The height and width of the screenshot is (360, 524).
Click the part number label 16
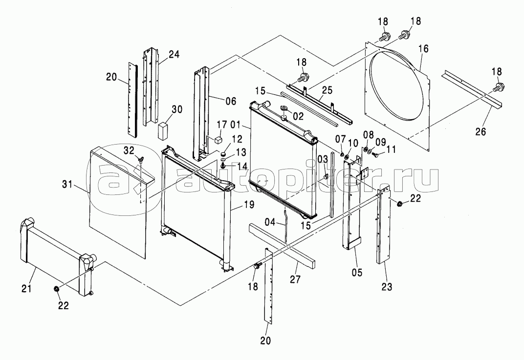(423, 49)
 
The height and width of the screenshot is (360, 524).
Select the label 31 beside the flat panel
(67, 184)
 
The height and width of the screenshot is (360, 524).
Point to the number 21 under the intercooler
(26, 288)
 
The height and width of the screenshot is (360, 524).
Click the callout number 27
(295, 279)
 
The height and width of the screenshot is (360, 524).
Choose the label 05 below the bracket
(357, 273)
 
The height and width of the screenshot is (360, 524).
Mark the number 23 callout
(387, 286)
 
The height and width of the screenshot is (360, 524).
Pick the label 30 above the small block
(177, 109)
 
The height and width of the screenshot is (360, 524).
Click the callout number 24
(174, 54)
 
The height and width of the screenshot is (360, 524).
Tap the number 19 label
(249, 204)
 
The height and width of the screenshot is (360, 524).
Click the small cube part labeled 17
(218, 140)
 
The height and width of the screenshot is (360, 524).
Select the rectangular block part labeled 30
(163, 130)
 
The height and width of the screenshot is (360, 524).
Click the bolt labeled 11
(375, 155)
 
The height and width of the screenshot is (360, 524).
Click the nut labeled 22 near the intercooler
(57, 289)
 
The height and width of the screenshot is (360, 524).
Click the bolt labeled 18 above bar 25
(303, 78)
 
